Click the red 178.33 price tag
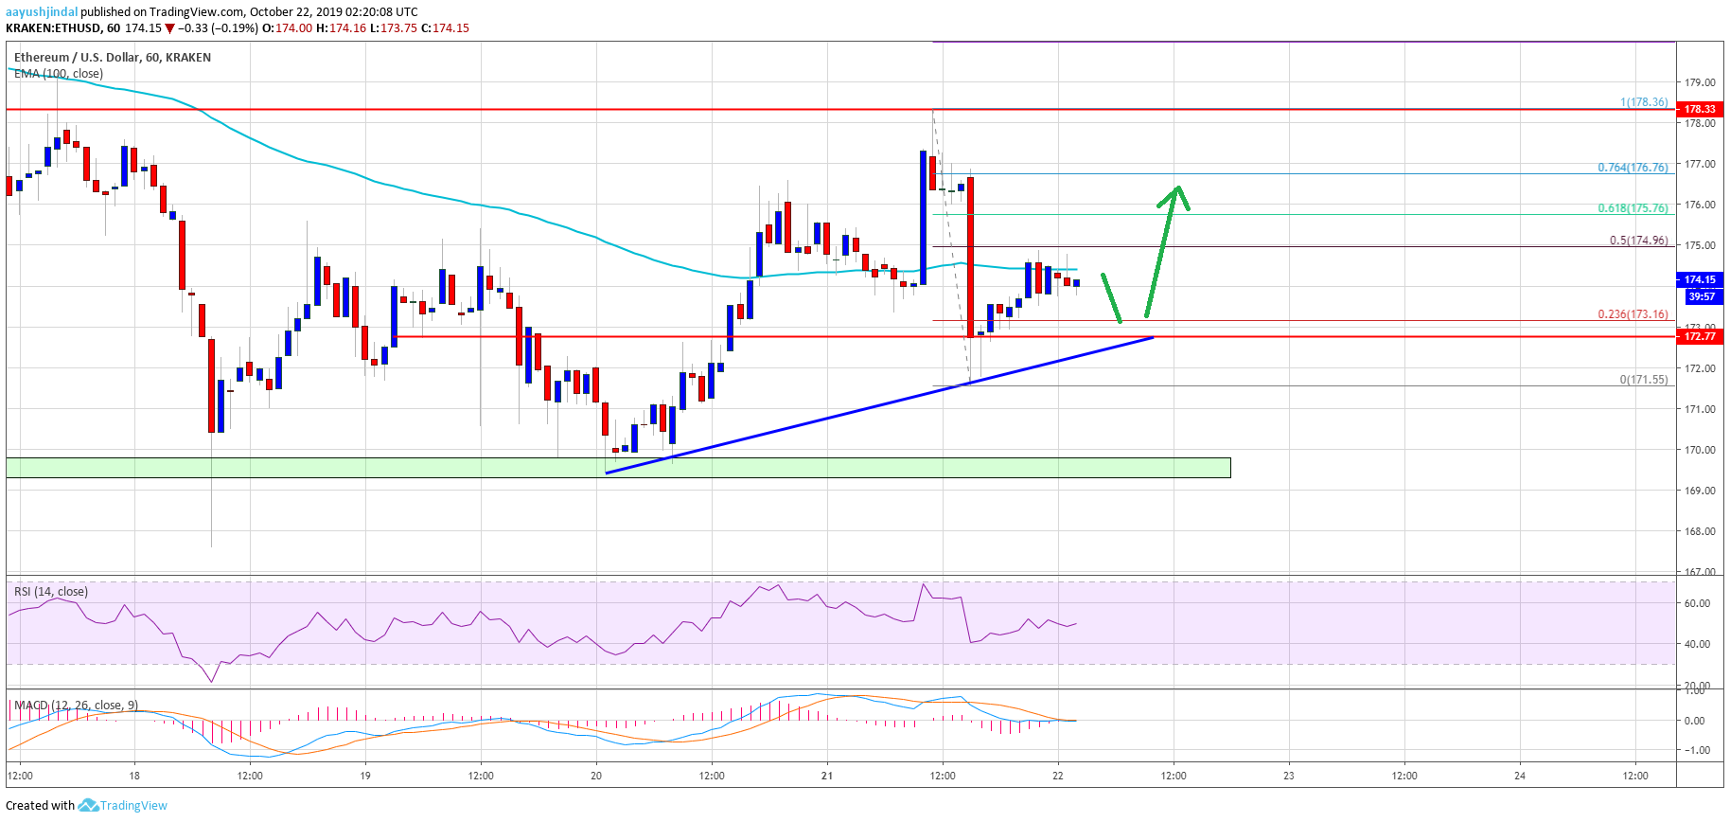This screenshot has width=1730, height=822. click(1700, 109)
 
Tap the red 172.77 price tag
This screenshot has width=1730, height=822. click(1700, 336)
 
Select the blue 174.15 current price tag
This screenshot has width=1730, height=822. click(1700, 279)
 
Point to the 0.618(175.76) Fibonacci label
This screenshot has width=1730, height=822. click(1633, 208)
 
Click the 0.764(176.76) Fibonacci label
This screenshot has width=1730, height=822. click(1633, 168)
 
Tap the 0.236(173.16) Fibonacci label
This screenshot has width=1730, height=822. click(1633, 314)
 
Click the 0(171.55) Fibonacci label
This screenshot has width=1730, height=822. click(1643, 380)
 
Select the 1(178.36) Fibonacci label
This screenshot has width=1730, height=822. click(1644, 102)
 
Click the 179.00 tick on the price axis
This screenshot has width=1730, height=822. click(1700, 82)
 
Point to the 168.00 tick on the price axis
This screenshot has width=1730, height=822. click(1700, 531)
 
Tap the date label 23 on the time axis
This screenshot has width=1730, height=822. click(1288, 776)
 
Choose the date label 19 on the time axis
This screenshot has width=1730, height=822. click(365, 776)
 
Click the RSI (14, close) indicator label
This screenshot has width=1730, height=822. click(51, 592)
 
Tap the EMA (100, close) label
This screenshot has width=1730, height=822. click(59, 74)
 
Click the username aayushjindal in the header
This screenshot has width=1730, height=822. click(42, 12)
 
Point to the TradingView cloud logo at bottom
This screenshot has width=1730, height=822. click(89, 806)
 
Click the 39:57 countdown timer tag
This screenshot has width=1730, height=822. click(1701, 296)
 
